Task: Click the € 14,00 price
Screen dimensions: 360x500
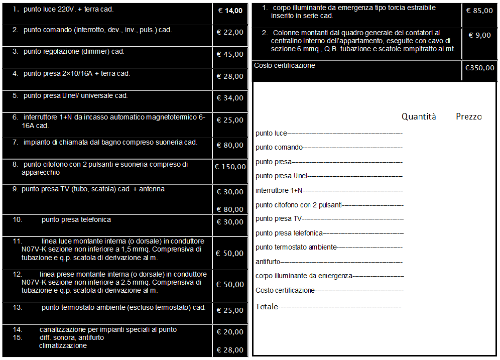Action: (230, 11)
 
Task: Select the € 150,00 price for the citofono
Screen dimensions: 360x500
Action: (230, 167)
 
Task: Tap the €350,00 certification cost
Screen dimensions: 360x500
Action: (479, 68)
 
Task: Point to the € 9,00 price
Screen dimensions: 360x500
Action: (479, 35)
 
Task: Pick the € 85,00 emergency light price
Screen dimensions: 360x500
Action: (479, 11)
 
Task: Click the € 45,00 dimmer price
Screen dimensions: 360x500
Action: (230, 54)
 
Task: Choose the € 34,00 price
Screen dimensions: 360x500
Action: (230, 98)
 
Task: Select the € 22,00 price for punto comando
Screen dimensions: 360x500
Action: (230, 32)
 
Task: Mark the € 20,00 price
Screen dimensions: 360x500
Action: (230, 332)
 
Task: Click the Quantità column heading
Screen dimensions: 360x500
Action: (419, 116)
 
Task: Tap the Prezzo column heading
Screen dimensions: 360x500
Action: (468, 116)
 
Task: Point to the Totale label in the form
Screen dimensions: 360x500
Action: (267, 306)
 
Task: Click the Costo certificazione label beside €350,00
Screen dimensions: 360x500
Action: (285, 66)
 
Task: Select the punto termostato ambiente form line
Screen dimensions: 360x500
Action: (296, 247)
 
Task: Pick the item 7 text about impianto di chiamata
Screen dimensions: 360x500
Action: (110, 142)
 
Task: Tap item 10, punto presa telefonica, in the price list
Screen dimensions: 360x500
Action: (76, 219)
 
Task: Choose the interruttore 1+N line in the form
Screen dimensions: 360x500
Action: (279, 190)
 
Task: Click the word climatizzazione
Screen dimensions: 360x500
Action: (63, 345)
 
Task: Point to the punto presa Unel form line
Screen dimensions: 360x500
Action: (281, 176)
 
